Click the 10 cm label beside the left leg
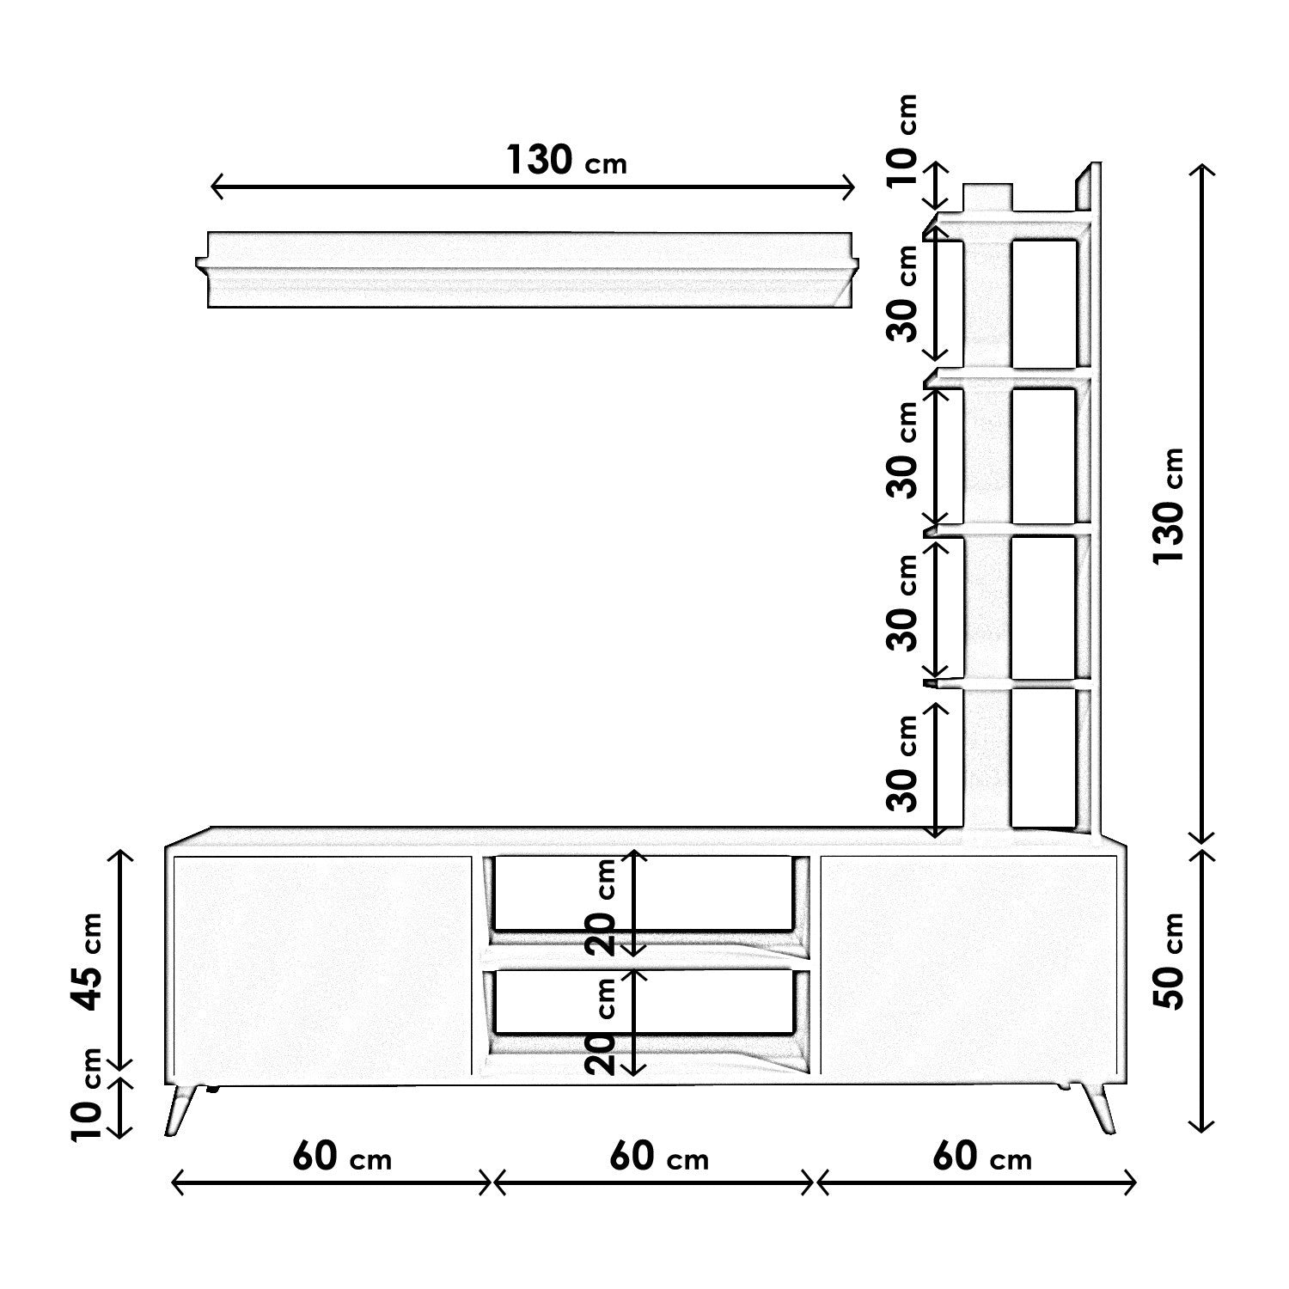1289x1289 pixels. (x=87, y=1095)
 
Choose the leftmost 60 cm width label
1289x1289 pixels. (x=341, y=1157)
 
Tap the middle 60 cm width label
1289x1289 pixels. (x=659, y=1157)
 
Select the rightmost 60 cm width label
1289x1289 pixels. (x=981, y=1157)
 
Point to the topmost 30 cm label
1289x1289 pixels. (x=904, y=294)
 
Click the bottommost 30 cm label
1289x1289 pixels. (x=904, y=763)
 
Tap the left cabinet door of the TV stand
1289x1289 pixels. (x=322, y=964)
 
